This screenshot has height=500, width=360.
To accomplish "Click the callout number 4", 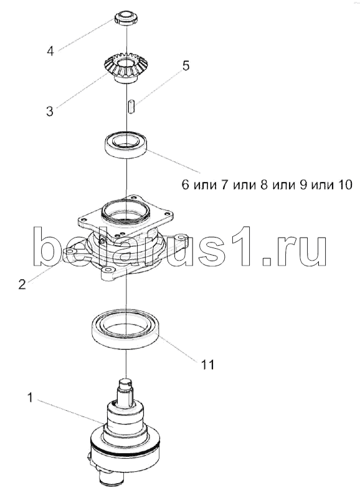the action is click(50, 50).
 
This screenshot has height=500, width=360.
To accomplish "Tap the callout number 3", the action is click(50, 112).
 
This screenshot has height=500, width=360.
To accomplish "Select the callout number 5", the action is click(186, 65).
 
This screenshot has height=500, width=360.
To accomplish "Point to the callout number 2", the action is click(22, 284).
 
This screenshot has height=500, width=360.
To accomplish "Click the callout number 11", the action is click(207, 364).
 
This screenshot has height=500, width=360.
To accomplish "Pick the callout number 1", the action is click(31, 398).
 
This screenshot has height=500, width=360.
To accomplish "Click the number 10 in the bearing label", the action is click(344, 185).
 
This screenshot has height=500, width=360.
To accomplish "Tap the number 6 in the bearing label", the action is click(186, 185).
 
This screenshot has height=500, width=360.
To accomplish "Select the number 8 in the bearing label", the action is click(264, 185).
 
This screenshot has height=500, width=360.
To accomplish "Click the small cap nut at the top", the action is click(126, 19).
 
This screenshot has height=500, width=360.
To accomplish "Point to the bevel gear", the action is click(126, 68).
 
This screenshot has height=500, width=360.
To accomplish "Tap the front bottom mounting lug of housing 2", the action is click(108, 274).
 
